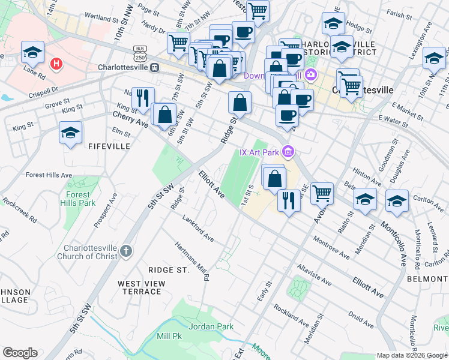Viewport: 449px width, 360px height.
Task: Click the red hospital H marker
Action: coord(57,63)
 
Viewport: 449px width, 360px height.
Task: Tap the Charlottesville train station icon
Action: coord(155,68)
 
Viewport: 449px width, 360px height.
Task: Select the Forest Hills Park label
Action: coord(77,199)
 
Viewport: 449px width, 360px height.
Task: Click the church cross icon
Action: coord(125,251)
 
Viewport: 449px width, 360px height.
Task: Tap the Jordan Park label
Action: coord(208,326)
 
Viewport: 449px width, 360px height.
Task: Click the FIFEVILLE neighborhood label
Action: coord(109,146)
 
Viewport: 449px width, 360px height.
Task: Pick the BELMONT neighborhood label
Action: coord(429,279)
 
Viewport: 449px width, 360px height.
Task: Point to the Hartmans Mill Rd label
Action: coord(192,261)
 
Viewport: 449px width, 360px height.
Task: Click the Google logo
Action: coord(20,353)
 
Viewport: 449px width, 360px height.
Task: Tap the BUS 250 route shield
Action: coord(140,52)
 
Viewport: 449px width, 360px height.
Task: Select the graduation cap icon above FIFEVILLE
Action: coord(70,133)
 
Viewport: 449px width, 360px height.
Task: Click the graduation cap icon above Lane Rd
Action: coord(33,52)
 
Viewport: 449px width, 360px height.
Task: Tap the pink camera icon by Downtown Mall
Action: coord(311,75)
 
